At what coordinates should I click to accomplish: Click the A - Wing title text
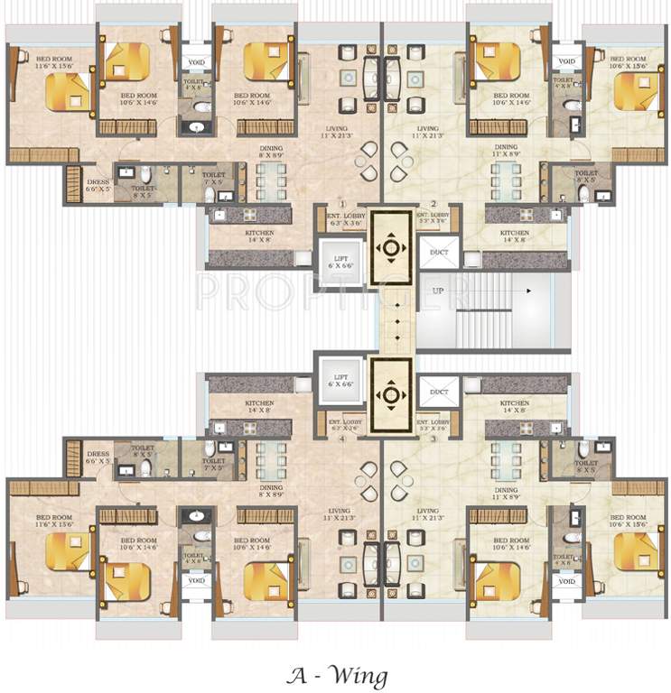click(336, 674)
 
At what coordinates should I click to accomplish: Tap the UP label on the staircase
click(437, 291)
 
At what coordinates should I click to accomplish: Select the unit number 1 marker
click(341, 205)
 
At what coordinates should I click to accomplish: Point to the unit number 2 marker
click(433, 205)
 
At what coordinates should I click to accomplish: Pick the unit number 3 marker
click(433, 439)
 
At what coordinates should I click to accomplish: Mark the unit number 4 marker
click(341, 439)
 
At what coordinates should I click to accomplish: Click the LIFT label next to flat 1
click(341, 262)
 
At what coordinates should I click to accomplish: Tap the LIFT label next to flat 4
click(341, 380)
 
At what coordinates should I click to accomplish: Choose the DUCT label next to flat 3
click(440, 392)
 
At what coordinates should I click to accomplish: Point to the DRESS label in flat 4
click(97, 457)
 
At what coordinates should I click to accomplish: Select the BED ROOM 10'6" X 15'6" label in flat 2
click(627, 62)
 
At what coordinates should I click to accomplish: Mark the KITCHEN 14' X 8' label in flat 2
click(515, 236)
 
